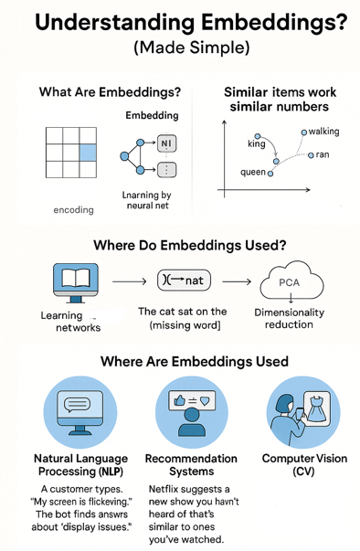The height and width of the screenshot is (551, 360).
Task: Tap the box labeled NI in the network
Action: point(165,143)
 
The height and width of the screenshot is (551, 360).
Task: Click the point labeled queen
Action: point(270,173)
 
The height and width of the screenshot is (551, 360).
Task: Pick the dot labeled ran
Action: point(312,155)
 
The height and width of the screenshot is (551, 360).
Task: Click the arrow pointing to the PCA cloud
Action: point(237,281)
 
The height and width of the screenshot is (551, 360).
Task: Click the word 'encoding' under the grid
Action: point(74,209)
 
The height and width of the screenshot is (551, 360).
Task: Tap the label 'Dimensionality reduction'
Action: point(290,319)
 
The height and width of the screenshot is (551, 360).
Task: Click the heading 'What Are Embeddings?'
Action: point(109,92)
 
